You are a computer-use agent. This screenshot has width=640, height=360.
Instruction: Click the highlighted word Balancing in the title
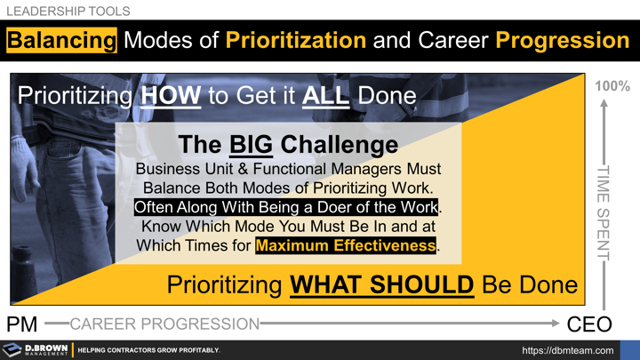point(61,40)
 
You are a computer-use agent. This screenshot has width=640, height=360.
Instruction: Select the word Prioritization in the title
point(295,40)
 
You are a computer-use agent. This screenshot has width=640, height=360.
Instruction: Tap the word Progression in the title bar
point(562,40)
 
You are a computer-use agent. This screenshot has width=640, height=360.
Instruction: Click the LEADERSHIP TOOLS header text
point(68,12)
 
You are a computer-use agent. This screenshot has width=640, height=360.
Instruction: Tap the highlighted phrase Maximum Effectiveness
point(346,244)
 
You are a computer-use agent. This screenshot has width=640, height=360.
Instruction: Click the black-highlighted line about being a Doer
point(287,206)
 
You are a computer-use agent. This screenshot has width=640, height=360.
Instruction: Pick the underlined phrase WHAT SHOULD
point(381,285)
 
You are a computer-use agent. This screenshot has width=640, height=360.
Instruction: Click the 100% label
point(612,86)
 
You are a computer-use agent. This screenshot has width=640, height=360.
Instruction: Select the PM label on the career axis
point(24,323)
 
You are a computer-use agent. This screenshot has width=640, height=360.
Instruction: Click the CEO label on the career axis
point(590,323)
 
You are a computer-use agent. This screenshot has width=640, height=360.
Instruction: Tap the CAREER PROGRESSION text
point(164,323)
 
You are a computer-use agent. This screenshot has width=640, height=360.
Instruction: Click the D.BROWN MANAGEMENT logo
point(36,350)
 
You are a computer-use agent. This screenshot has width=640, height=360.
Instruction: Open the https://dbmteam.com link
point(566,350)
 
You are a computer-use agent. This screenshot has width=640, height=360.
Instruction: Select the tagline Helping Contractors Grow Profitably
point(148,350)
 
